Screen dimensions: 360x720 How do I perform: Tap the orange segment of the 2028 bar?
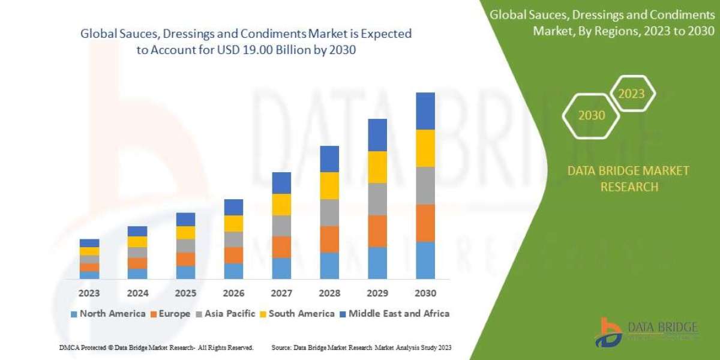pyautogui.click(x=329, y=239)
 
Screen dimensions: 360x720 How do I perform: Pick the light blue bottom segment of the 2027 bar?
pyautogui.click(x=281, y=268)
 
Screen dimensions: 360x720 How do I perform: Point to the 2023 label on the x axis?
pyautogui.click(x=89, y=293)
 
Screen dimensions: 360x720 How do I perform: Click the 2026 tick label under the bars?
pyautogui.click(x=233, y=293)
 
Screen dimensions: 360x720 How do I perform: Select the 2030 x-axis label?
pyautogui.click(x=425, y=293)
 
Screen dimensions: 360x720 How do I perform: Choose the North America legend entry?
pyautogui.click(x=108, y=313)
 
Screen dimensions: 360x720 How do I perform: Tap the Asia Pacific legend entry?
pyautogui.click(x=226, y=313)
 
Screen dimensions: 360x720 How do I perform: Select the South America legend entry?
pyautogui.click(x=297, y=313)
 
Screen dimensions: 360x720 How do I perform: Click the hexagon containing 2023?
pyautogui.click(x=631, y=94)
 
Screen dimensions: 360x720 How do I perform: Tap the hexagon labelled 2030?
pyautogui.click(x=592, y=115)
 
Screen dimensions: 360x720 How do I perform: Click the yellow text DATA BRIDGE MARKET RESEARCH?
pyautogui.click(x=628, y=179)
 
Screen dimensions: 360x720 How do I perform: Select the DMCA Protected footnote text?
pyautogui.click(x=156, y=347)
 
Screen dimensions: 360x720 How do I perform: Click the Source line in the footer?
pyautogui.click(x=361, y=347)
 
